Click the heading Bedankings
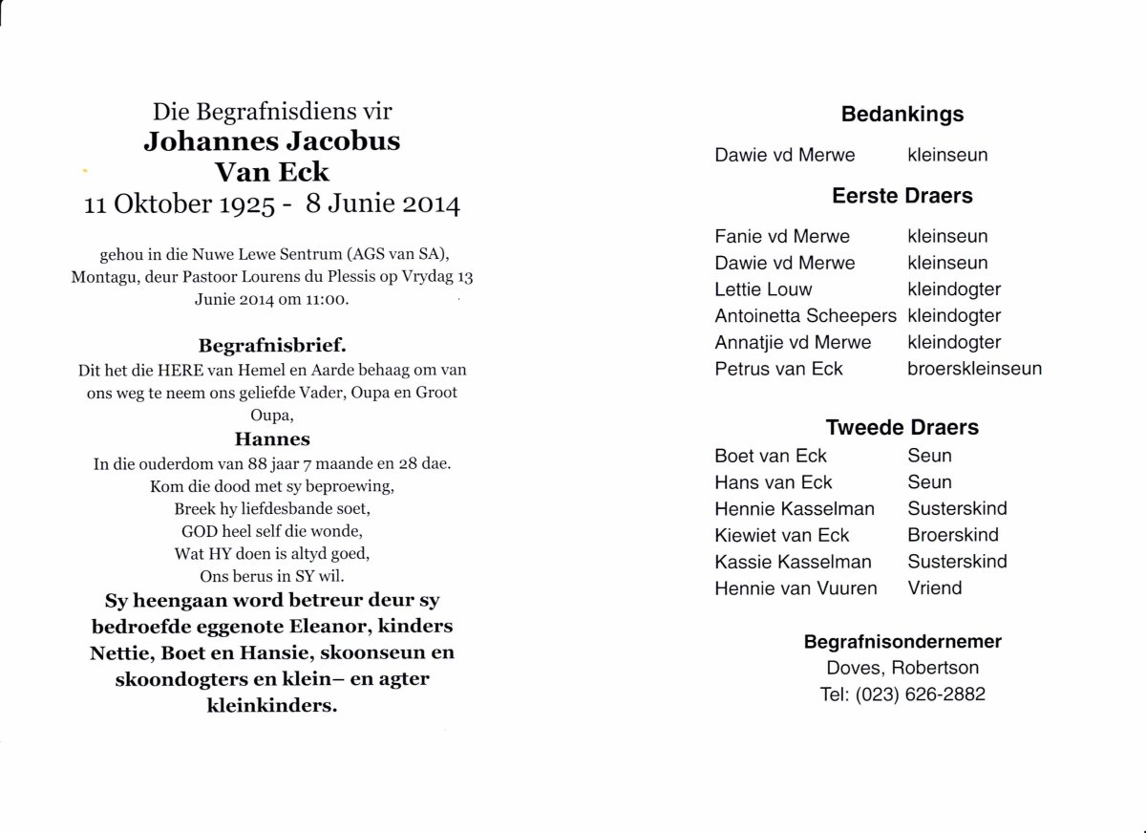click(902, 115)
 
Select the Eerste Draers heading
click(902, 196)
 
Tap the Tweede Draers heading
click(902, 428)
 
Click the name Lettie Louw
click(763, 289)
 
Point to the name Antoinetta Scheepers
click(806, 316)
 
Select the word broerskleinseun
click(974, 369)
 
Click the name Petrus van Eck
click(779, 369)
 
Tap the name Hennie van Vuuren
click(796, 588)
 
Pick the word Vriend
click(935, 588)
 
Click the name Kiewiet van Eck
click(781, 535)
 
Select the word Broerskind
click(953, 535)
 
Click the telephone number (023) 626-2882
click(924, 695)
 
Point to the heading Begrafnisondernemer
click(902, 642)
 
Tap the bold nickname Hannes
click(272, 439)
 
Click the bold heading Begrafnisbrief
click(271, 345)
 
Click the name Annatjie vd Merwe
click(792, 342)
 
